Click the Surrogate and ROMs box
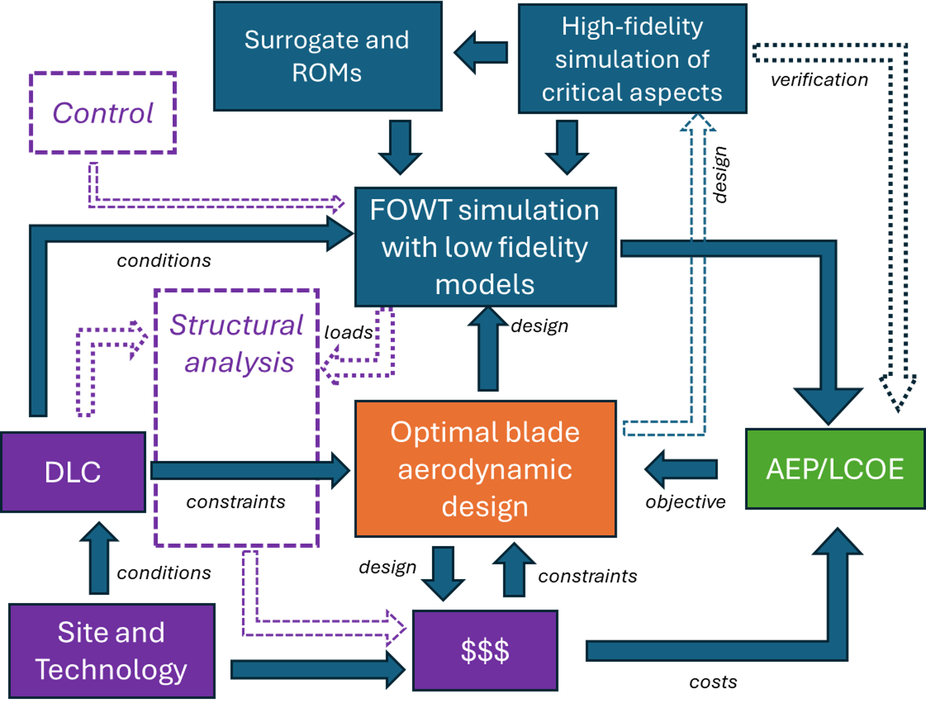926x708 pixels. pos(327,56)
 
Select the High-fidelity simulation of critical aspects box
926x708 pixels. pos(632,59)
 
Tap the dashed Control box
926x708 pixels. pos(103,113)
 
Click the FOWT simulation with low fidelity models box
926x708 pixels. pos(485,247)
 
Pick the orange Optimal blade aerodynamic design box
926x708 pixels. pos(485,469)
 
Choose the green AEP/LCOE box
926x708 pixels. pos(835,469)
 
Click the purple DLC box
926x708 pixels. pos(73,472)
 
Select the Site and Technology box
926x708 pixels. pos(111,651)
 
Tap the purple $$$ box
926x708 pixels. pos(485,650)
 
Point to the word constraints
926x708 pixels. pos(236,502)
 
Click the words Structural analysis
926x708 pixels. pos(237,344)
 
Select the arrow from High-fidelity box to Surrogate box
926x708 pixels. pos(481,53)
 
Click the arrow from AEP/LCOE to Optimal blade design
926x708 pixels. pos(681,469)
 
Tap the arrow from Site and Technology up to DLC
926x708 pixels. pos(99,558)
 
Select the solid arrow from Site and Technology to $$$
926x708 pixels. pos(318,669)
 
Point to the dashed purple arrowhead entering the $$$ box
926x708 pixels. pos(396,628)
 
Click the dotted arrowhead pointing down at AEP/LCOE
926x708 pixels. pos(897,393)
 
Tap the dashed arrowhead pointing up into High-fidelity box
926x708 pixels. pos(698,123)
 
